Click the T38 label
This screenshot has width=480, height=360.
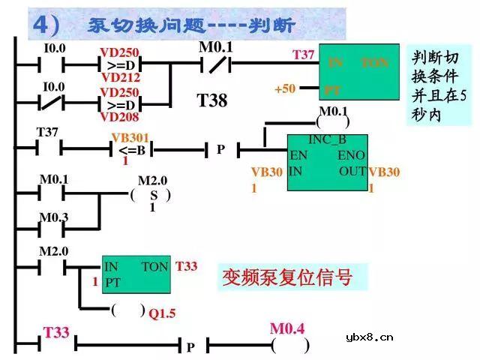211,100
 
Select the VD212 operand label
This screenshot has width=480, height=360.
121,77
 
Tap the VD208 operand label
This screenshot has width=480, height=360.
121,117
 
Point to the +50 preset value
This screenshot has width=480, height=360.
284,89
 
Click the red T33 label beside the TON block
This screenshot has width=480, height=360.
187,266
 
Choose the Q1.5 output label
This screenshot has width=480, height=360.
161,313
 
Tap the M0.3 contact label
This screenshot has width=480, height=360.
53,217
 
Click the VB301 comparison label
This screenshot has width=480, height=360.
130,138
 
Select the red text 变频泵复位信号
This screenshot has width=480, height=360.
286,277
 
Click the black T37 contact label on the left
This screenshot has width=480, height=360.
47,133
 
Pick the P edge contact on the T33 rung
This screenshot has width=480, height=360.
190,346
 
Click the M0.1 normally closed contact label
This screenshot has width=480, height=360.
216,48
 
